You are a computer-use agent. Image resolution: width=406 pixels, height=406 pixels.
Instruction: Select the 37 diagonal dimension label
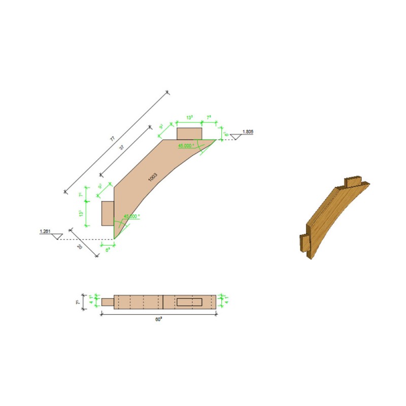[122, 147]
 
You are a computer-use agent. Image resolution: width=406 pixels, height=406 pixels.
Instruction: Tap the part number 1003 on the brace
[153, 177]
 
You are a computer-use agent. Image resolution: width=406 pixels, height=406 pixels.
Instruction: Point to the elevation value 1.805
[248, 132]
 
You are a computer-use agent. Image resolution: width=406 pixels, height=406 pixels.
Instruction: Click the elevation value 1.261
[45, 231]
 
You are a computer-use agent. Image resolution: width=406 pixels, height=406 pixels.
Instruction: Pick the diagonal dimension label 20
[80, 247]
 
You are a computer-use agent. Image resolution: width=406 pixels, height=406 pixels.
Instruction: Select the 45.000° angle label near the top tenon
[187, 146]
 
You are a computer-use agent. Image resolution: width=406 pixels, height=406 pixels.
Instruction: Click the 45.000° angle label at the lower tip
[131, 216]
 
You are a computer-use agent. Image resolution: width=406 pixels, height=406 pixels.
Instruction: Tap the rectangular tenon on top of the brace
[189, 133]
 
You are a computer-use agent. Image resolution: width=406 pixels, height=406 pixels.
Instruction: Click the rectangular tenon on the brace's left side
[107, 213]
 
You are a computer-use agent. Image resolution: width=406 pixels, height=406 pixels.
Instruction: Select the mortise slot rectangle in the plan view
[190, 302]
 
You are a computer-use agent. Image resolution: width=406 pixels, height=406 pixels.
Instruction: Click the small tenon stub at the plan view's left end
[107, 302]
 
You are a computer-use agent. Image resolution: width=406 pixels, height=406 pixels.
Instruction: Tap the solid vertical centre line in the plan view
[163, 302]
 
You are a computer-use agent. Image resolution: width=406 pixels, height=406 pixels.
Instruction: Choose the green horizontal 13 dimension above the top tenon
[189, 118]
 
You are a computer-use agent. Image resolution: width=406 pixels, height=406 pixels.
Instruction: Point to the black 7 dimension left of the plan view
[78, 302]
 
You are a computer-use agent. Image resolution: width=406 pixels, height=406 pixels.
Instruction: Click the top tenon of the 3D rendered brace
[352, 181]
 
